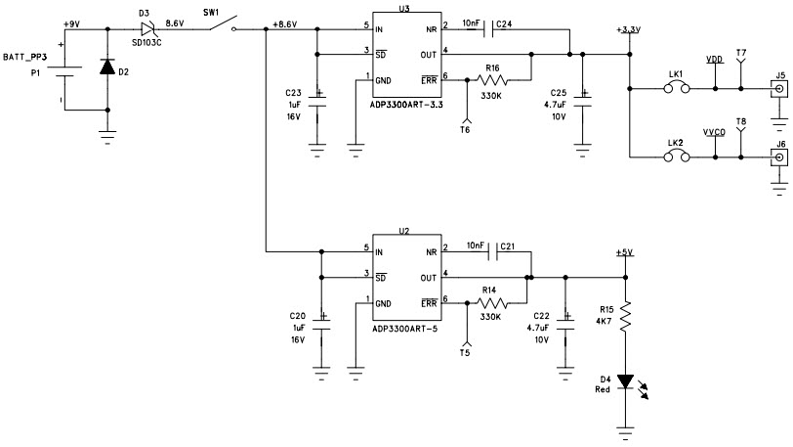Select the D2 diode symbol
108,68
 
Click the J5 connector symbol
778,90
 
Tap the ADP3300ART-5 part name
404,328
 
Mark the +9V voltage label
70,23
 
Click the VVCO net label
714,130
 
